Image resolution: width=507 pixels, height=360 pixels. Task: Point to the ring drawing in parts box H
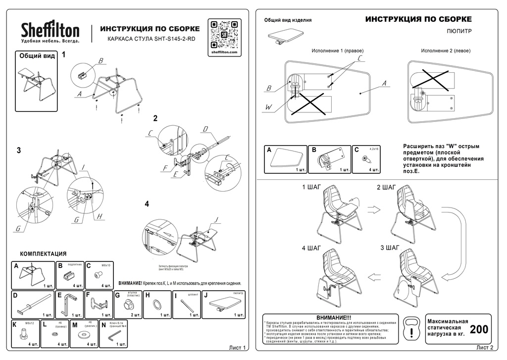[x=157, y=304]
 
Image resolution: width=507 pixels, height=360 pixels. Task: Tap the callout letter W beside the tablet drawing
[x=268, y=106]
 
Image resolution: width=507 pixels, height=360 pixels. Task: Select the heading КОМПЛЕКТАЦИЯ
[x=43, y=254]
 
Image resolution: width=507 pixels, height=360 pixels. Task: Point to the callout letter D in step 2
[x=205, y=129]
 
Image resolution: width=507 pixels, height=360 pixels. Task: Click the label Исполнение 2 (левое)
[x=446, y=51]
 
